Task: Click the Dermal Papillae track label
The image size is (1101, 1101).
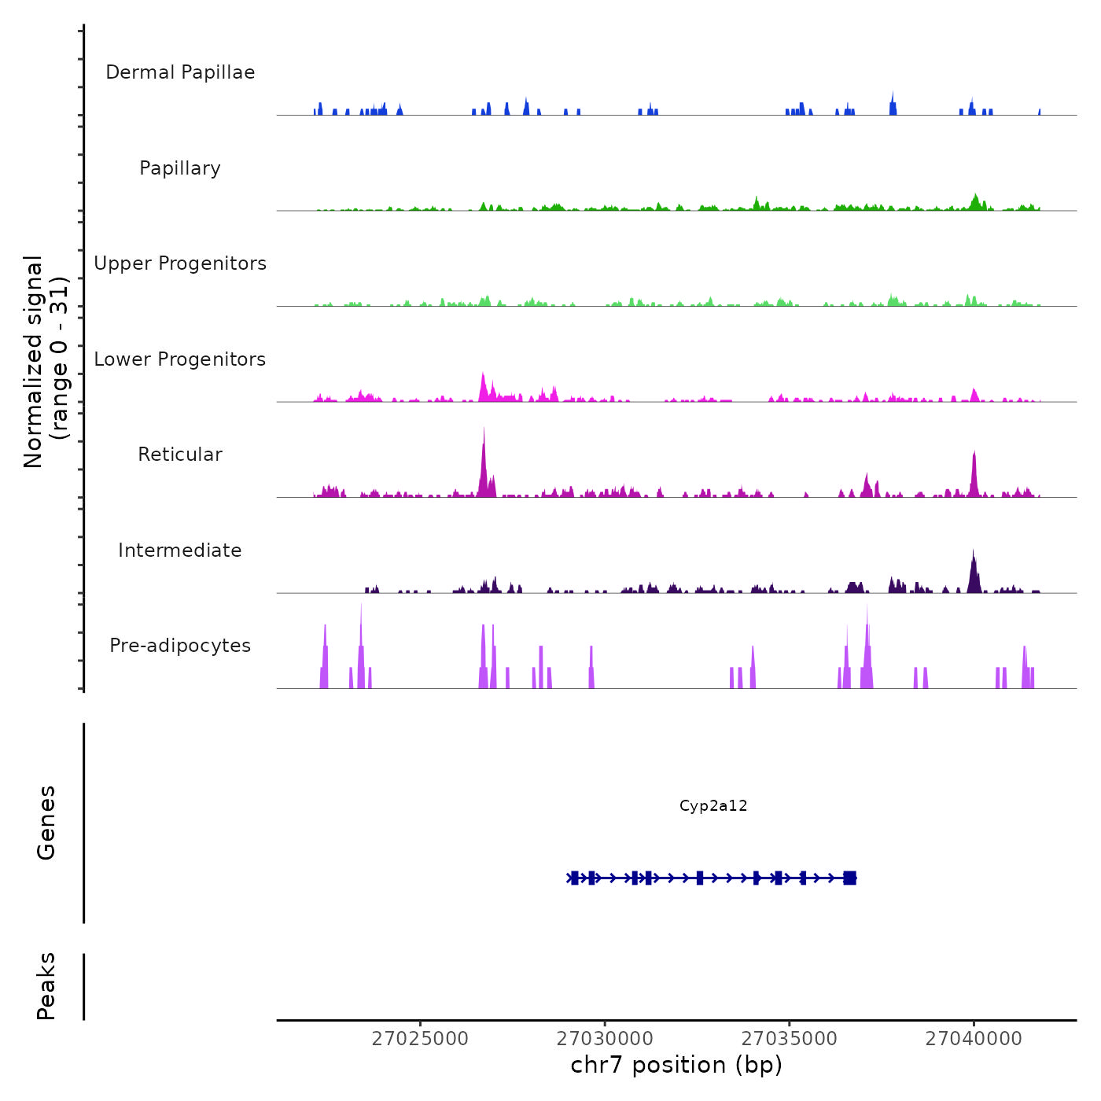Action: pyautogui.click(x=180, y=72)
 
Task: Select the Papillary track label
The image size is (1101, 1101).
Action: pyautogui.click(x=180, y=168)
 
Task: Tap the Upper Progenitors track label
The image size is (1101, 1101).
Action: pyautogui.click(x=180, y=263)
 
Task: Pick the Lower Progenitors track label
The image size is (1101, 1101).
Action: pyautogui.click(x=180, y=359)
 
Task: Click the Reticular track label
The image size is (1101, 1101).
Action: pyautogui.click(x=180, y=455)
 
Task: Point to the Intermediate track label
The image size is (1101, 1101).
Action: pyautogui.click(x=180, y=550)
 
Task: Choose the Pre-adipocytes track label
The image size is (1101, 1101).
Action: pyautogui.click(x=180, y=646)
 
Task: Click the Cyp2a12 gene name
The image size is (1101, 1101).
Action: pyautogui.click(x=713, y=806)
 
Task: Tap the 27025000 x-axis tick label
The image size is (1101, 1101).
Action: pyautogui.click(x=420, y=1039)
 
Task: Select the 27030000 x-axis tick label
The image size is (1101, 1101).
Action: pyautogui.click(x=605, y=1039)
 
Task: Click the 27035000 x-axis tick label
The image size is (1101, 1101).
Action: pyautogui.click(x=790, y=1039)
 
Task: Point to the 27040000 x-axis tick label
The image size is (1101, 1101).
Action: pyautogui.click(x=974, y=1039)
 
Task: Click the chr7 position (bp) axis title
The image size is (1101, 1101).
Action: pyautogui.click(x=676, y=1066)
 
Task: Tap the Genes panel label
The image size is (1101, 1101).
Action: pyautogui.click(x=46, y=823)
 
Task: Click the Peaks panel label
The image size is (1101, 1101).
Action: pyautogui.click(x=46, y=986)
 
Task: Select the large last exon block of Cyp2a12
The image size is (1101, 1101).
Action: pyautogui.click(x=849, y=878)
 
